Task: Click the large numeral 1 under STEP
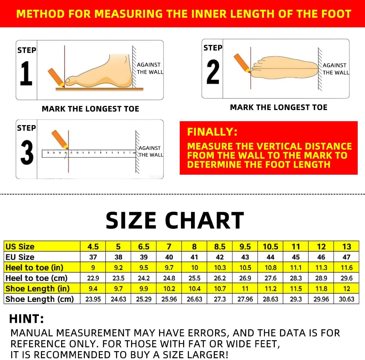26,74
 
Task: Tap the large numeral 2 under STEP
213,72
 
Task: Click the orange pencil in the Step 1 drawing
56,77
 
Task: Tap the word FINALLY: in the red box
212,132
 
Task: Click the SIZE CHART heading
175,220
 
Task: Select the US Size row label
20,246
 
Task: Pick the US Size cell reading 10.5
270,246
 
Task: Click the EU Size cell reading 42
220,257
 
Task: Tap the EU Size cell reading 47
346,257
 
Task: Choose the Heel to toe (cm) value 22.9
93,278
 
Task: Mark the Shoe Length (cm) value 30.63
346,299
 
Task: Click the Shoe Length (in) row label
37,289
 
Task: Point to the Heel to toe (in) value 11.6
346,268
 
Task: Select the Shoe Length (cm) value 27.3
220,299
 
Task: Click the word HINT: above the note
27,319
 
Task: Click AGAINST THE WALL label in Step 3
150,151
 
